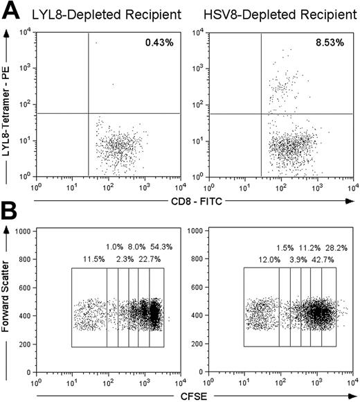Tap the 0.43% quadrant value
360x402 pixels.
click(158, 44)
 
